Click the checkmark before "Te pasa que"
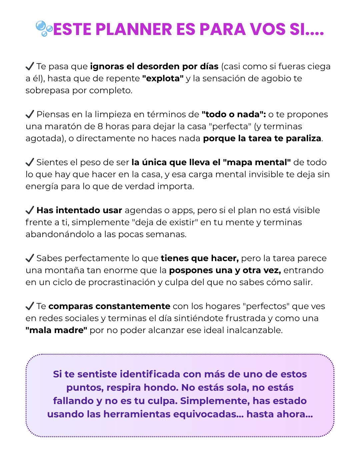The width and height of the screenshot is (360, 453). [30, 66]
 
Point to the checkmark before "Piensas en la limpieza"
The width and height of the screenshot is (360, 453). [30, 114]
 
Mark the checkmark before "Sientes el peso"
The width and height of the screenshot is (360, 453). [30, 162]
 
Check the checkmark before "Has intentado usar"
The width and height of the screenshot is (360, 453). [30, 210]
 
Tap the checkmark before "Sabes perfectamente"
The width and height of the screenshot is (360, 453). [30, 258]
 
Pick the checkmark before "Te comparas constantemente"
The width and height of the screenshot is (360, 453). [30, 306]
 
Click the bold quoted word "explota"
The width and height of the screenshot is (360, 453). [163, 79]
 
